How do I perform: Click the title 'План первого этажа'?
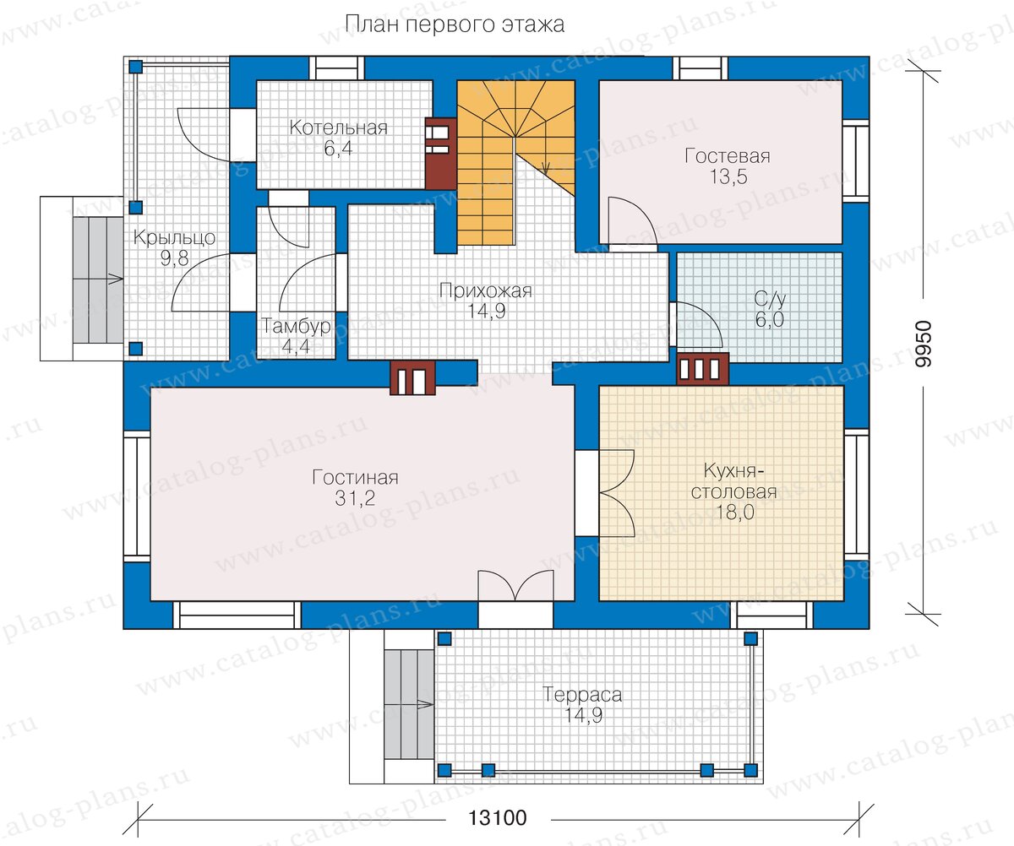click(455, 24)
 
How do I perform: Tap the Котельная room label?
click(339, 127)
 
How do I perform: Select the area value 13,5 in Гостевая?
click(728, 177)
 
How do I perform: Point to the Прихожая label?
click(486, 290)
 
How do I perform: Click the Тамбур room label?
click(297, 326)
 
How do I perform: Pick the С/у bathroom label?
click(770, 300)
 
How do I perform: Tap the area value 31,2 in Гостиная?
click(355, 498)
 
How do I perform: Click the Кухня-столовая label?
click(733, 481)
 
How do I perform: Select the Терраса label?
click(582, 695)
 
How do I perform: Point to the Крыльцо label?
click(174, 238)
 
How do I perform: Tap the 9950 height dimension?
click(924, 344)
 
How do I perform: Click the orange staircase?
click(515, 162)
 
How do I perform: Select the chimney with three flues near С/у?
click(703, 369)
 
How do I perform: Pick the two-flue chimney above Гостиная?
click(413, 378)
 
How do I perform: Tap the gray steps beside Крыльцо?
click(98, 279)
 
